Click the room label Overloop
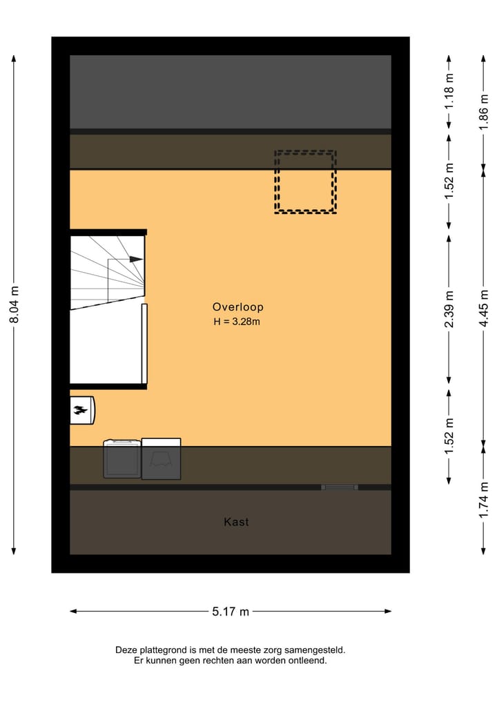pyautogui.click(x=237, y=307)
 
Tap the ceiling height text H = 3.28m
pyautogui.click(x=237, y=322)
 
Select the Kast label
pyautogui.click(x=236, y=523)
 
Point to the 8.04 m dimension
pyautogui.click(x=14, y=304)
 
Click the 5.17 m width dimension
pyautogui.click(x=231, y=612)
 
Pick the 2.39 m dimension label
pyautogui.click(x=449, y=311)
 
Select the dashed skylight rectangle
pyautogui.click(x=305, y=182)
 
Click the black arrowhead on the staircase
pyautogui.click(x=136, y=260)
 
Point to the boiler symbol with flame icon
pyautogui.click(x=82, y=411)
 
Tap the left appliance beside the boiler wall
pyautogui.click(x=122, y=459)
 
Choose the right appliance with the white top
pyautogui.click(x=161, y=459)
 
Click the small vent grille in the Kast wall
pyautogui.click(x=340, y=487)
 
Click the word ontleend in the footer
pyautogui.click(x=309, y=661)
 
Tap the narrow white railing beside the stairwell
pyautogui.click(x=144, y=343)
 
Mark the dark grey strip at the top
pyautogui.click(x=231, y=91)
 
